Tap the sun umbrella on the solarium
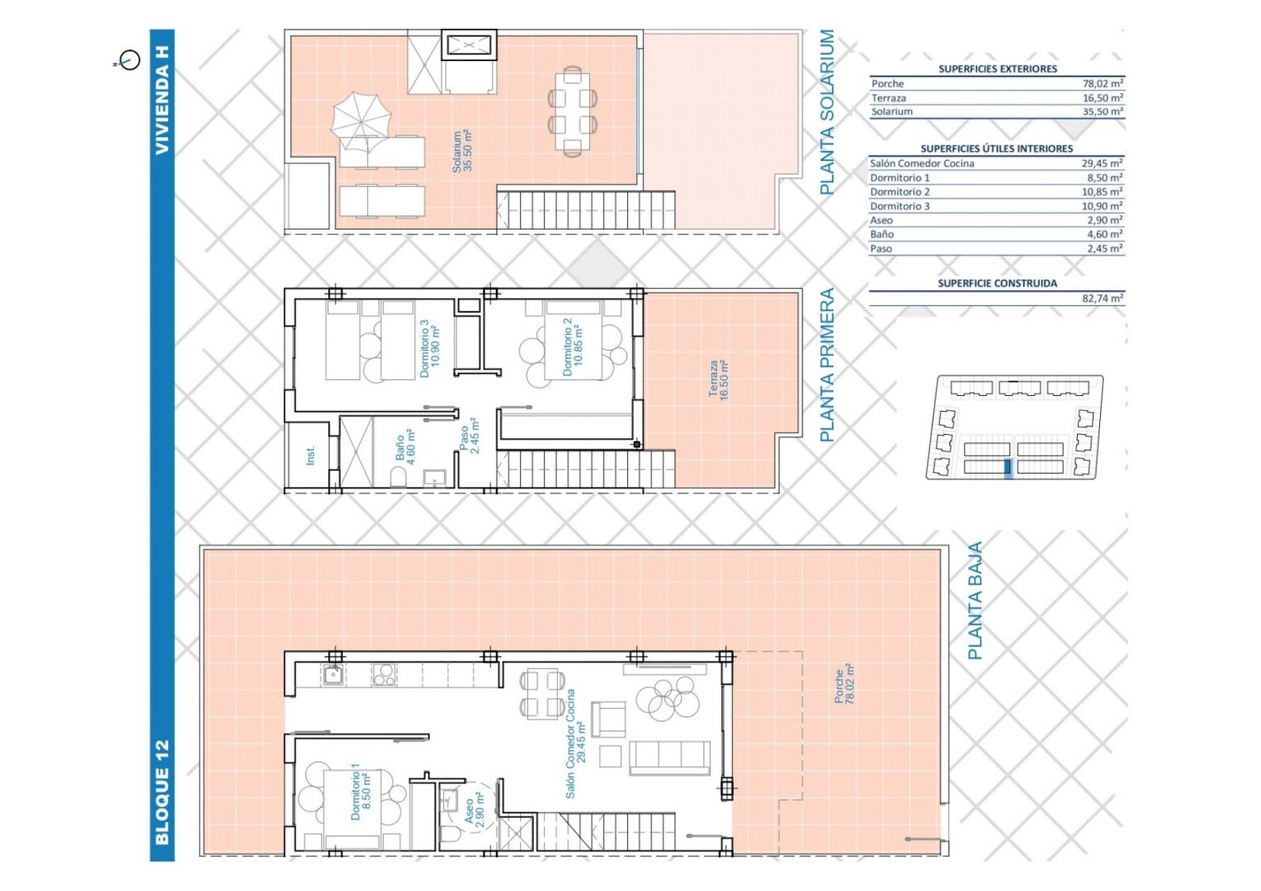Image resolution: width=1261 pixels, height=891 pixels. click(361, 121)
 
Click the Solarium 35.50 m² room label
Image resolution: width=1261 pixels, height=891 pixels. click(461, 151)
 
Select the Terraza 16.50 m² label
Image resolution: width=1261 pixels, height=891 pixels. click(719, 380)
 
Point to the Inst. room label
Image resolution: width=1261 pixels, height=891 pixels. click(309, 455)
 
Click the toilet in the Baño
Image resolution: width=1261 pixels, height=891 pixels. click(399, 478)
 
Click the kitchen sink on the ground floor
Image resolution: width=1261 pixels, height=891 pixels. click(332, 674)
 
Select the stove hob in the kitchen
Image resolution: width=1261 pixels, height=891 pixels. click(384, 674)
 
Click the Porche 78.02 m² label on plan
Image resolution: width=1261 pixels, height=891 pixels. click(844, 683)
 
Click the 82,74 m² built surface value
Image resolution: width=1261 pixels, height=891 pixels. click(1103, 299)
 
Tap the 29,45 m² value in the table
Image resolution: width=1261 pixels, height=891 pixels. click(1102, 163)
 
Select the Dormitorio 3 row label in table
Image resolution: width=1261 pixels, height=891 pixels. click(900, 206)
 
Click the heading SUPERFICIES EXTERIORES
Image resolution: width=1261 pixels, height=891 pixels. click(998, 68)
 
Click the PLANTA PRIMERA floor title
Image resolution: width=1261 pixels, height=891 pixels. click(826, 365)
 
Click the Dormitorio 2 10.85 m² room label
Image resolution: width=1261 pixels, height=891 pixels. click(573, 347)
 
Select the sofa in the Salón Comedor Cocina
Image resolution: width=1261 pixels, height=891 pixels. click(669, 757)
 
